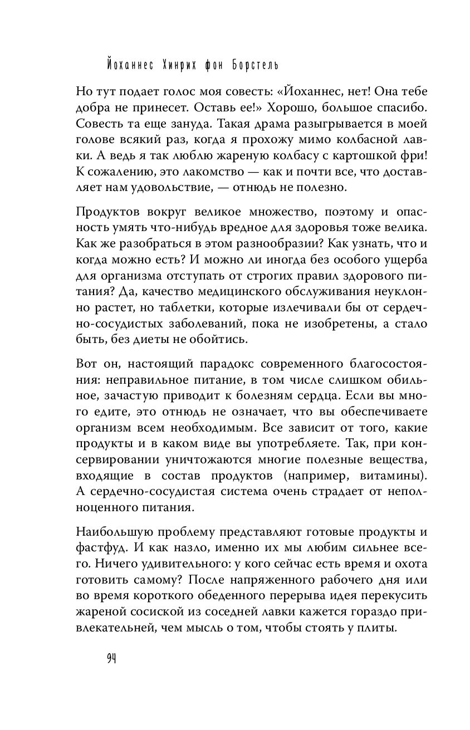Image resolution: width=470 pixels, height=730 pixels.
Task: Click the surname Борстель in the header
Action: click(x=249, y=66)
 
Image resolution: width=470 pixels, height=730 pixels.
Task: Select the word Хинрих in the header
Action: click(x=174, y=66)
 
